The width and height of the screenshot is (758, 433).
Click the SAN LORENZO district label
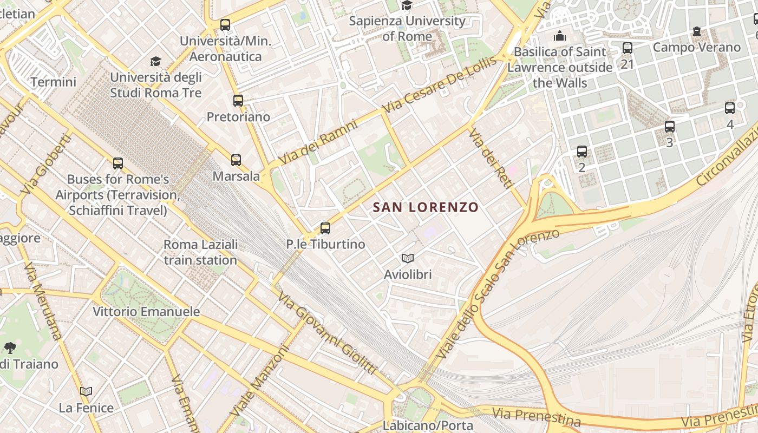click(426, 207)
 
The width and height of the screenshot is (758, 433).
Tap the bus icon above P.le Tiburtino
click(325, 228)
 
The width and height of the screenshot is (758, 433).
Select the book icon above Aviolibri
click(408, 259)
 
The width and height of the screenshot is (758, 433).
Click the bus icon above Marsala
click(236, 160)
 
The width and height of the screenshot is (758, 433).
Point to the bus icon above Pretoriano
click(238, 101)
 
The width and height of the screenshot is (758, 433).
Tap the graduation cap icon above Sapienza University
click(407, 5)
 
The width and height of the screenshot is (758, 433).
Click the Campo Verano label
click(696, 47)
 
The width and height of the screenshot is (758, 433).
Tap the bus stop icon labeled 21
click(628, 48)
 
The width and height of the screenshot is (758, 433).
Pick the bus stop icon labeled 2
click(582, 152)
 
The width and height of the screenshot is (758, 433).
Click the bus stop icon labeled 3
click(670, 127)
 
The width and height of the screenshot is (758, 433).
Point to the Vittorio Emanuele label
click(146, 312)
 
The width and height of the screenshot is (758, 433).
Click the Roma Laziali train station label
click(200, 252)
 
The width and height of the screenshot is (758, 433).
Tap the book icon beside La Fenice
click(86, 391)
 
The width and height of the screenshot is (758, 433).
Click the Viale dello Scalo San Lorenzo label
click(495, 295)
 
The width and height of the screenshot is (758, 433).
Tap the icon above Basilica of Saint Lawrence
click(559, 36)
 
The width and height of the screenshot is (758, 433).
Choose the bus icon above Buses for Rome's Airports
click(117, 163)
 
